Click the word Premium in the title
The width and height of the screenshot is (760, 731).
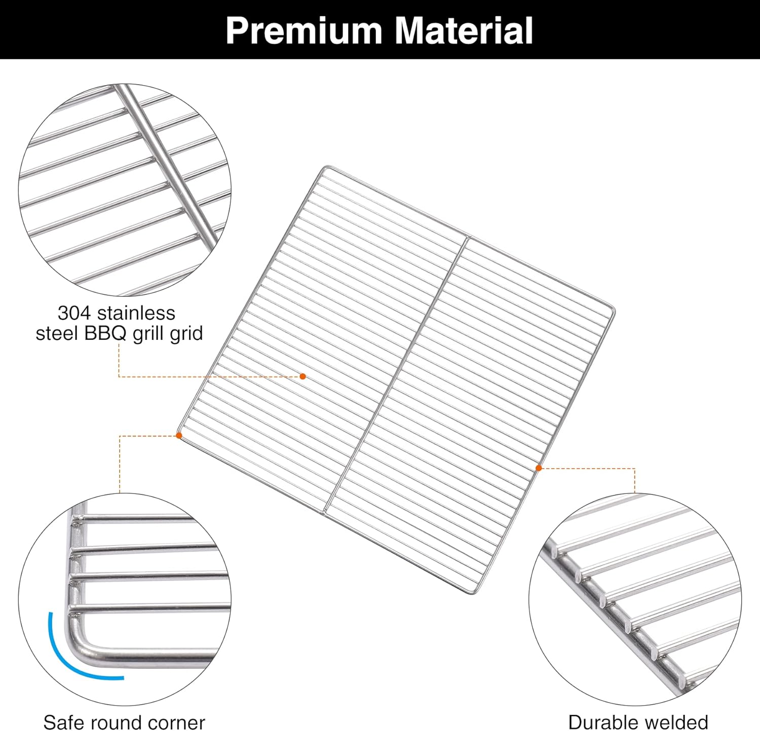tap(303, 31)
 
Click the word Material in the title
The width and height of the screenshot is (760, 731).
tap(464, 31)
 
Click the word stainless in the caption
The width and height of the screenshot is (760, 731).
tap(136, 313)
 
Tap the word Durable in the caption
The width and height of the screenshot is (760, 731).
tap(600, 722)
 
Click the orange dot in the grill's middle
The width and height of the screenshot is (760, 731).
tap(302, 376)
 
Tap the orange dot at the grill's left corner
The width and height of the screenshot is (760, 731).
tap(179, 435)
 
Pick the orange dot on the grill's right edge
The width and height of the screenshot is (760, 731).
tap(539, 468)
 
